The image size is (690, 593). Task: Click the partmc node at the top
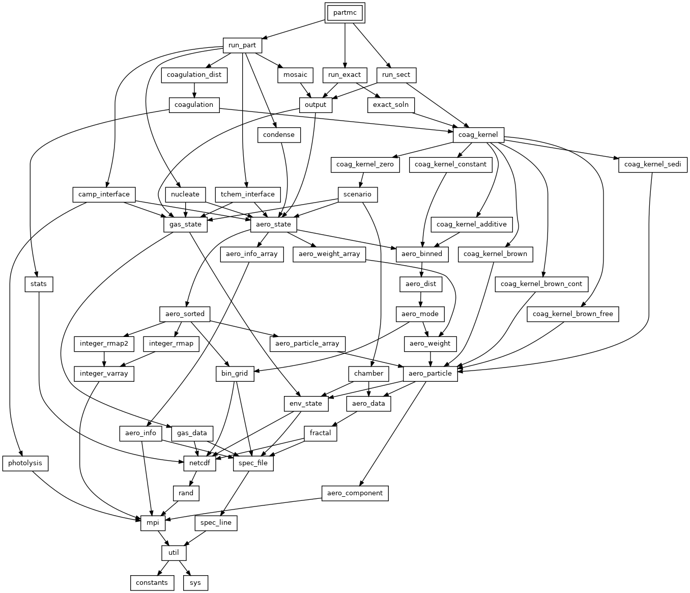(344, 13)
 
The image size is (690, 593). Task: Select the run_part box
(242, 45)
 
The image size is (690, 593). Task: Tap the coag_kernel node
(478, 135)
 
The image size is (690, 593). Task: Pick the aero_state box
(273, 224)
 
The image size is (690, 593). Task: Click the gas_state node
(185, 224)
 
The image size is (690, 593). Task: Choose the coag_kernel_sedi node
(652, 164)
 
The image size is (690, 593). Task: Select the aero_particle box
(430, 374)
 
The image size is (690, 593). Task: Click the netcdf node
(199, 463)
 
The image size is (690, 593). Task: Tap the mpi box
(153, 523)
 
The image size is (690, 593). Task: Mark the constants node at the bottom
(152, 583)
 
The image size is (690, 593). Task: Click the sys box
(195, 583)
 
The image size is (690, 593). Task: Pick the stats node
(39, 284)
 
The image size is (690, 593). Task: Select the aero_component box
(355, 493)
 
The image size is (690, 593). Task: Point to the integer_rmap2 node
(104, 344)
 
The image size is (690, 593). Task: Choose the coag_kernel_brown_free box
(572, 314)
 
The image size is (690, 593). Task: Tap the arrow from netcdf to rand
(193, 478)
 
